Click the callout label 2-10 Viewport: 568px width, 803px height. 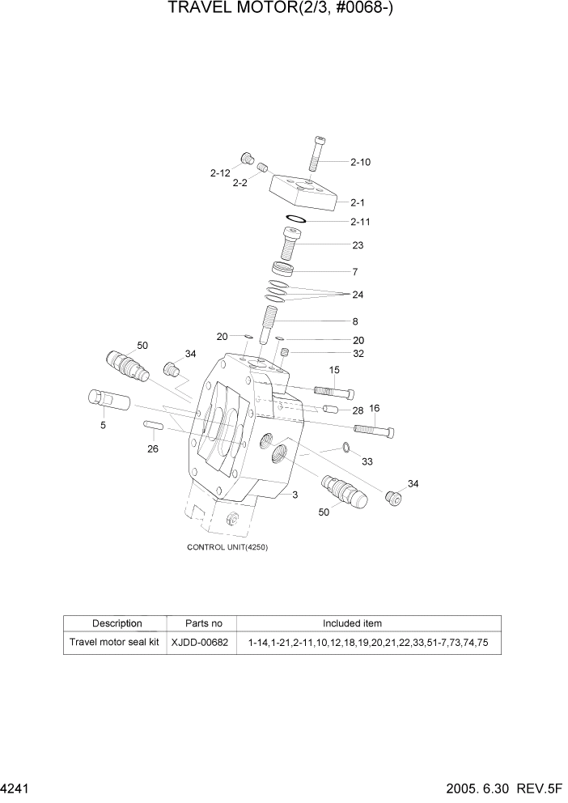point(360,162)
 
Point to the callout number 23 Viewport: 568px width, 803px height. point(357,245)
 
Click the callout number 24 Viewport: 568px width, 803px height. point(357,295)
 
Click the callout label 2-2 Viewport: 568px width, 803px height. point(239,184)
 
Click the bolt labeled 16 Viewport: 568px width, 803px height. point(373,429)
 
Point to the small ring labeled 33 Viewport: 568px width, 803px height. point(346,447)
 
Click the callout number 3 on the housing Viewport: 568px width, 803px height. point(295,494)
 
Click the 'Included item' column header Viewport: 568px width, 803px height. point(352,623)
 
